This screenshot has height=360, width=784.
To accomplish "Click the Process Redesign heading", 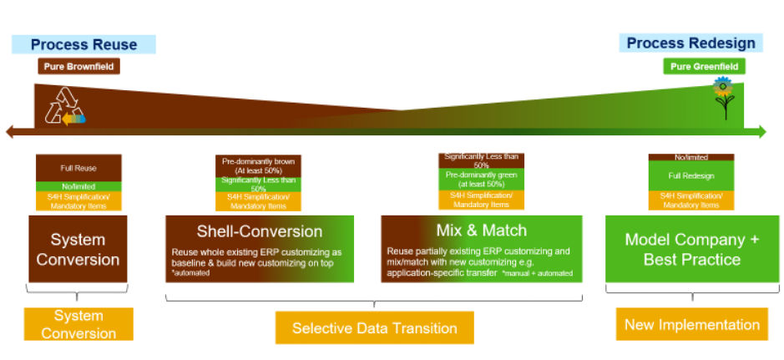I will [690, 43].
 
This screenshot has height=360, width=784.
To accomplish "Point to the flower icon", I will [723, 98].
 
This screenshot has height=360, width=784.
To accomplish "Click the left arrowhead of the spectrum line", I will [11, 131].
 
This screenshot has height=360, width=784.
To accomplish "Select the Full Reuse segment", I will [78, 168].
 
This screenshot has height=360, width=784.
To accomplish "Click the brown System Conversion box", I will [78, 249].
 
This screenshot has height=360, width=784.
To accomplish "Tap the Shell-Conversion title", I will [259, 231].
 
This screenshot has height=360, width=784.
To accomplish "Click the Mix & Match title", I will [481, 231].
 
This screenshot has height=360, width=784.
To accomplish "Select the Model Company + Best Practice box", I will [691, 249].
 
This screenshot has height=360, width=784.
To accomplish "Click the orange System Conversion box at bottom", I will [78, 324].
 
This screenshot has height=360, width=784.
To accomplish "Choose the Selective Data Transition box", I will [374, 328].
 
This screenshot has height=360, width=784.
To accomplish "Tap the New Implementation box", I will [691, 324].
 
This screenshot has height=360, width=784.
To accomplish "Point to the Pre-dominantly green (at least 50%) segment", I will [482, 180].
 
